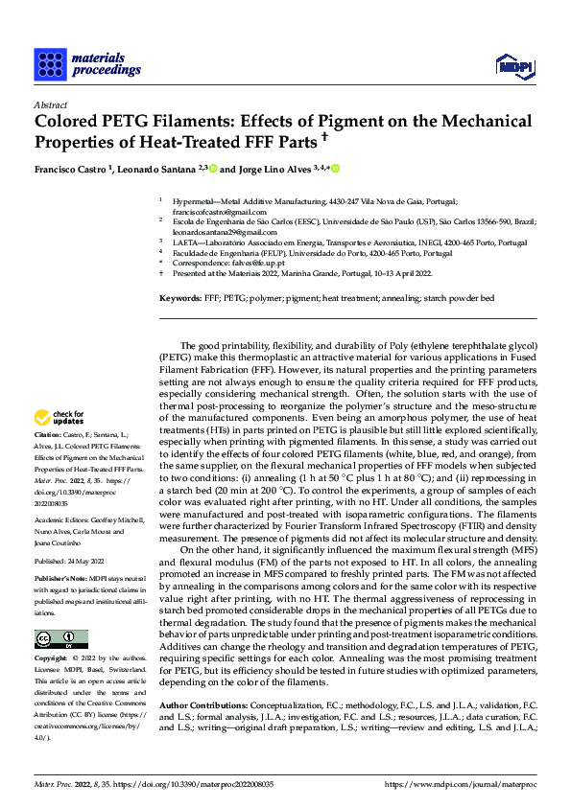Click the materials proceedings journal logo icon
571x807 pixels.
click(50, 63)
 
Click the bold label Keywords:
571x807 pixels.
click(179, 298)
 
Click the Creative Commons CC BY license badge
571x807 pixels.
click(60, 638)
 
